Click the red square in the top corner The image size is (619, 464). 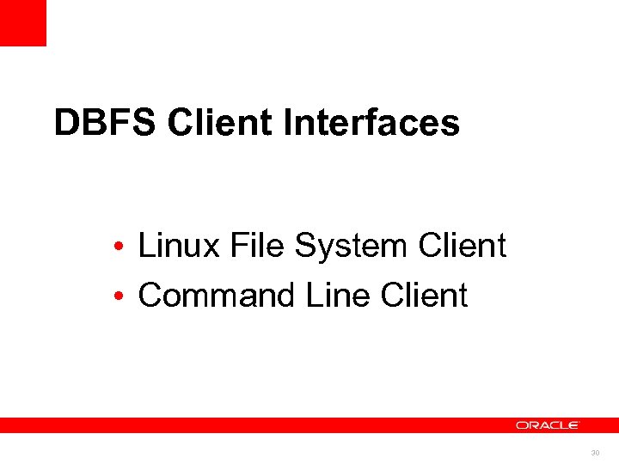[22, 22]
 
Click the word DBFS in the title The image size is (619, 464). [105, 123]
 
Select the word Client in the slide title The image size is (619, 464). [219, 123]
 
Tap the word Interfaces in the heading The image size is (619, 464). [371, 123]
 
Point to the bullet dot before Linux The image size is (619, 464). [126, 248]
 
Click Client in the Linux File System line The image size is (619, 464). [462, 247]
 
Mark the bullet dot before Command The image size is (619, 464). [126, 297]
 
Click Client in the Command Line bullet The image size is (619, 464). [423, 296]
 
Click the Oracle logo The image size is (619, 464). [548, 425]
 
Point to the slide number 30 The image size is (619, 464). [595, 453]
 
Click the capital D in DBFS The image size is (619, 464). [65, 123]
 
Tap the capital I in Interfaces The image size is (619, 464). [287, 123]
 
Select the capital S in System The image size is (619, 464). [305, 247]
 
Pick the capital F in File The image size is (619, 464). [236, 247]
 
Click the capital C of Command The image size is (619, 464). [150, 296]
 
